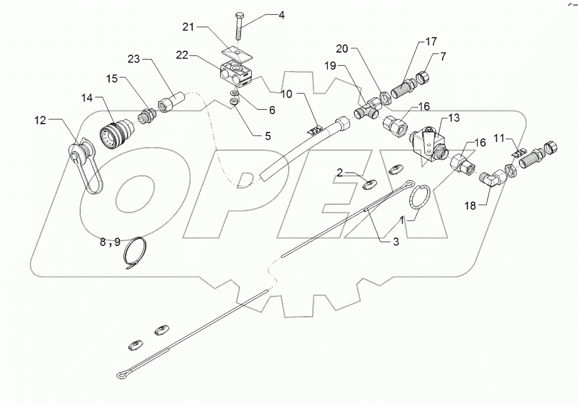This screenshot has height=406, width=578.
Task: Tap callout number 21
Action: tap(189, 26)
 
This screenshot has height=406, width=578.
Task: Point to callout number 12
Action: tap(40, 121)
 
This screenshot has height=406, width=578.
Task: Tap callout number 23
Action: tap(134, 59)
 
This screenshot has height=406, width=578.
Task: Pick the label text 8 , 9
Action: tap(110, 242)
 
